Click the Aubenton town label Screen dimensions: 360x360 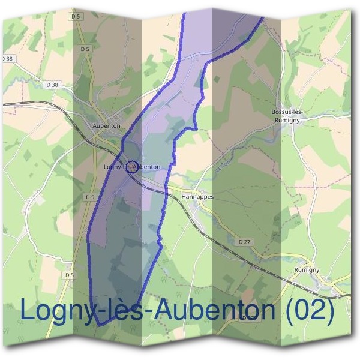(x=107, y=126)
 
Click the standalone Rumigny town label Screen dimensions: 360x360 (x=307, y=271)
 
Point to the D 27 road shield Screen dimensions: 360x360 (x=243, y=241)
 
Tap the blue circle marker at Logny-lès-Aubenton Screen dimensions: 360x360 (x=133, y=167)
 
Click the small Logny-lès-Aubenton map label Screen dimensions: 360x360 (x=132, y=166)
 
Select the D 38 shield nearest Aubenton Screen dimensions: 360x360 (x=52, y=85)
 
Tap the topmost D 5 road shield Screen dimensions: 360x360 (x=76, y=16)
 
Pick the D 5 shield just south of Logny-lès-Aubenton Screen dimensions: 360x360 (x=89, y=197)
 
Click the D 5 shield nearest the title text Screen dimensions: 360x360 (x=70, y=275)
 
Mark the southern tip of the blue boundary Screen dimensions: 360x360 (x=100, y=325)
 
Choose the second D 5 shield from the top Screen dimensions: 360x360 (x=85, y=49)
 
